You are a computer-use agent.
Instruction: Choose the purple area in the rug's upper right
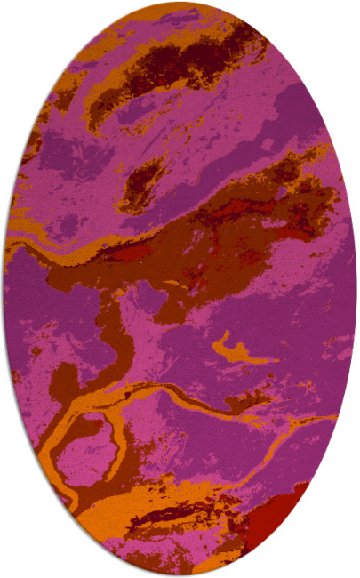coord(293,116)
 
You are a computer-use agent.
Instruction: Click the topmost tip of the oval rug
coord(180,3)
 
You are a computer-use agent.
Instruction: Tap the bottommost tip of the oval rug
coord(180,574)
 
